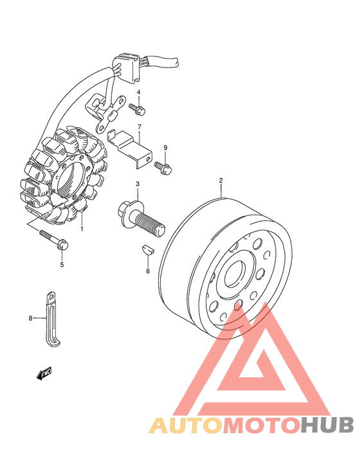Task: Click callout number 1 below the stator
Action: point(82,229)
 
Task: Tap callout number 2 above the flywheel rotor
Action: point(221,180)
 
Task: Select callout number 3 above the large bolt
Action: point(138,184)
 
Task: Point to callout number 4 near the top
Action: point(138,92)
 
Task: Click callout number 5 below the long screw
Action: point(62,265)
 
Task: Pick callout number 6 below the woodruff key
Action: point(148,271)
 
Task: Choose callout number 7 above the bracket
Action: point(139,127)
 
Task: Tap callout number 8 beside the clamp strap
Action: point(30,318)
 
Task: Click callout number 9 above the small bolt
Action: point(165,148)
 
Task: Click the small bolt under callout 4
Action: point(137,109)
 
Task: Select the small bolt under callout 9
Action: point(163,168)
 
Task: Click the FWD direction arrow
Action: point(44,373)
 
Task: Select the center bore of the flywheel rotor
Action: point(235,276)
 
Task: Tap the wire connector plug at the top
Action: point(127,67)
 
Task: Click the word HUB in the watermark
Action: point(327,425)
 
